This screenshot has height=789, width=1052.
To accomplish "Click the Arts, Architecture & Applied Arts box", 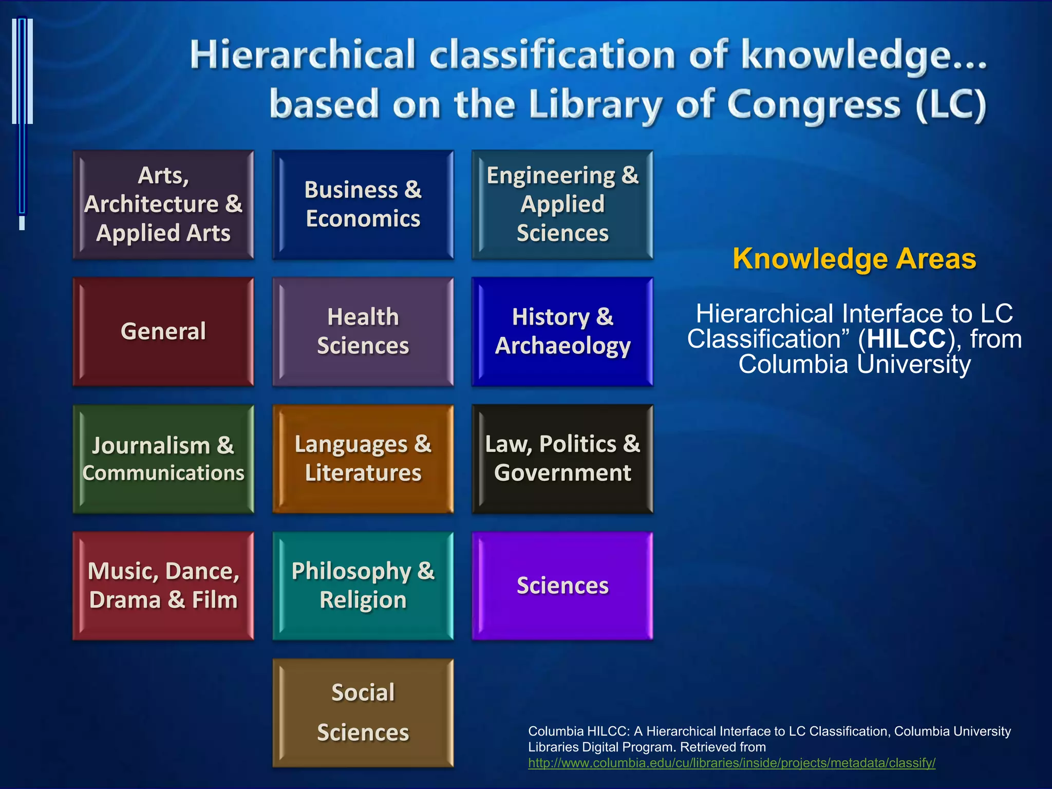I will (163, 204).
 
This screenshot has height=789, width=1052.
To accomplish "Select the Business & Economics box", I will (363, 204).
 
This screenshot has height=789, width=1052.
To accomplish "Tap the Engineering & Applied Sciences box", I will (562, 204).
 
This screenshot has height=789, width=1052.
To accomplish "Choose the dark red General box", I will (163, 331).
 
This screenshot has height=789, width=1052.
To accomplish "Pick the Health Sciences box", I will (363, 331).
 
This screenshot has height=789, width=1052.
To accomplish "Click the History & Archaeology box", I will (562, 331).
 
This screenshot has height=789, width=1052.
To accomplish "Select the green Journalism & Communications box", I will (163, 459).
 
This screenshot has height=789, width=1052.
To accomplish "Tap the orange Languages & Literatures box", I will (363, 459).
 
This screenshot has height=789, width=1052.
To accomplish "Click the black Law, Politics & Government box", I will (562, 459).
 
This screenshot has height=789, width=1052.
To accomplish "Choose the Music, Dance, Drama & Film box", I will (163, 586).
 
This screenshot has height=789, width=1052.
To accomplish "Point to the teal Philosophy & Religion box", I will (363, 586).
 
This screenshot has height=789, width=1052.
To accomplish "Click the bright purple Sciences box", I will (562, 586).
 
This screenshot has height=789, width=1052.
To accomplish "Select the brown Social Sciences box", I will (363, 712).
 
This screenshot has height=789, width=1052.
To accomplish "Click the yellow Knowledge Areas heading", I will (854, 258).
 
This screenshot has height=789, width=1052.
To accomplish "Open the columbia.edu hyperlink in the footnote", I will (731, 763).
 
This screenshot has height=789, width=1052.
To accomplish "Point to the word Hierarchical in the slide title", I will (303, 55).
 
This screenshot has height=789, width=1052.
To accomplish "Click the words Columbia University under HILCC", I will (854, 364).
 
